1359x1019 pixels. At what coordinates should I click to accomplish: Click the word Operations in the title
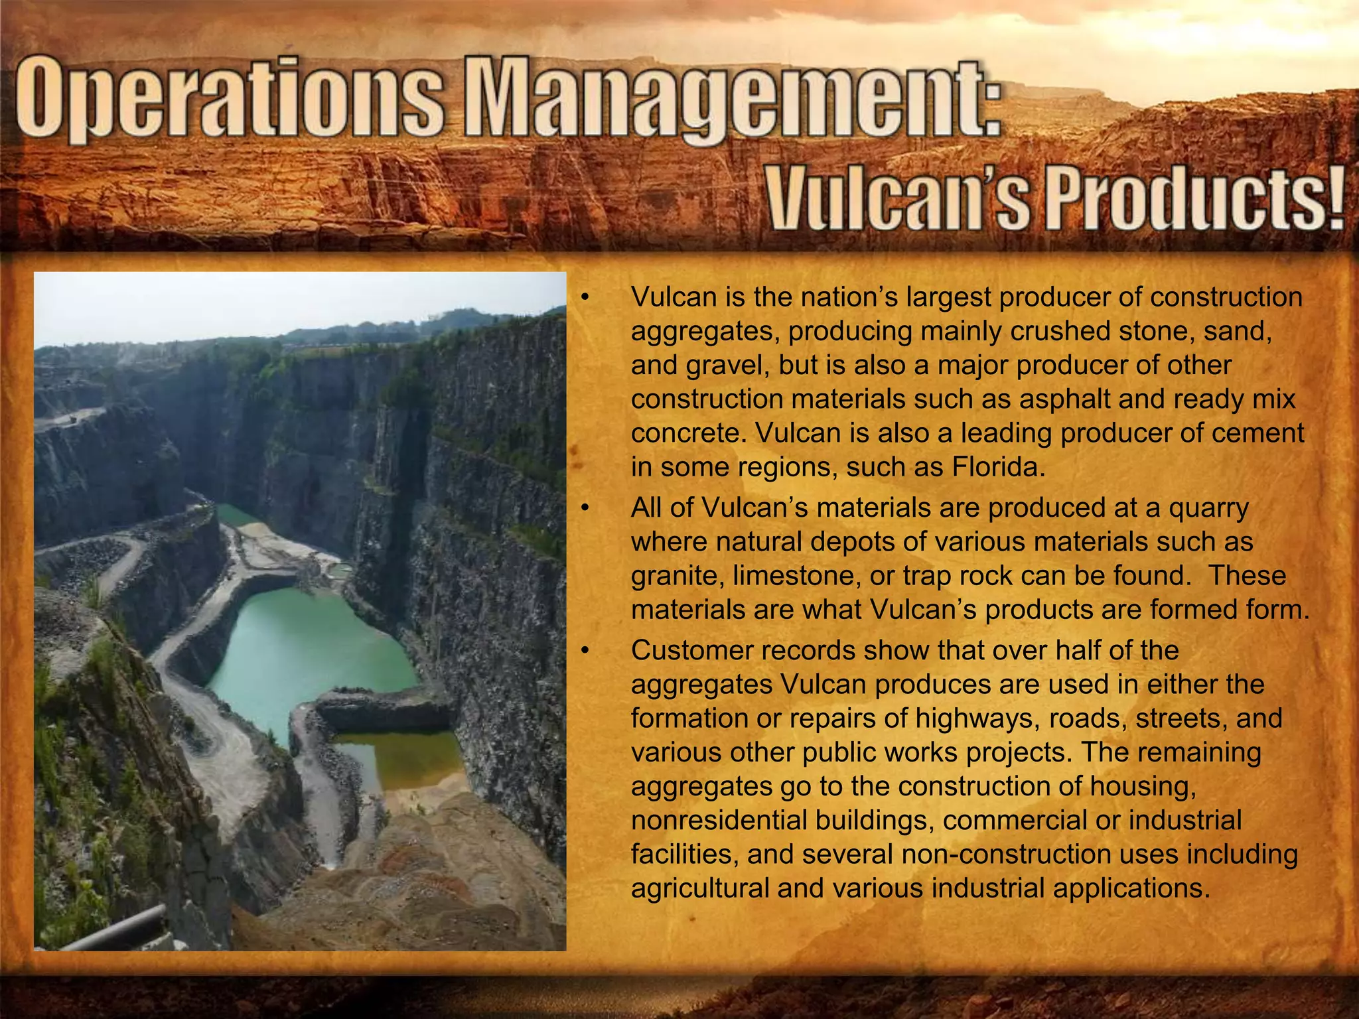pos(229,101)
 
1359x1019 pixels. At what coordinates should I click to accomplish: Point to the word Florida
pos(999,467)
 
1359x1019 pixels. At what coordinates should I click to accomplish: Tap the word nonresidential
pos(719,821)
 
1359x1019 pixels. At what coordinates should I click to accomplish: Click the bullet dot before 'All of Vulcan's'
pos(584,508)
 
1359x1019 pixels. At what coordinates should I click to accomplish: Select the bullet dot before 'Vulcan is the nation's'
pos(584,297)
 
